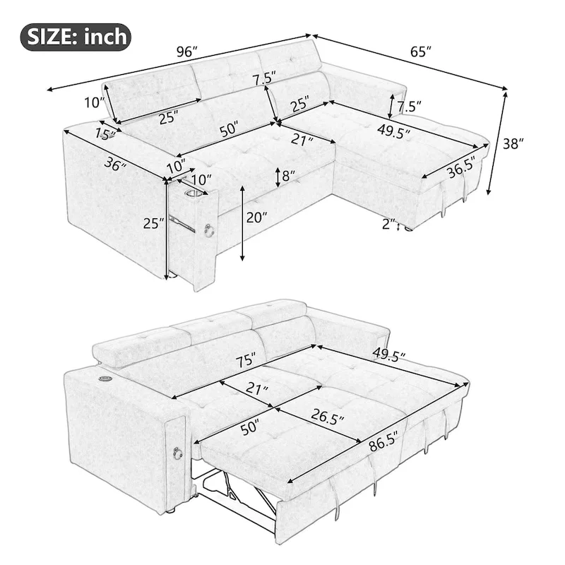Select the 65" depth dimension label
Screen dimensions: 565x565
419,50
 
